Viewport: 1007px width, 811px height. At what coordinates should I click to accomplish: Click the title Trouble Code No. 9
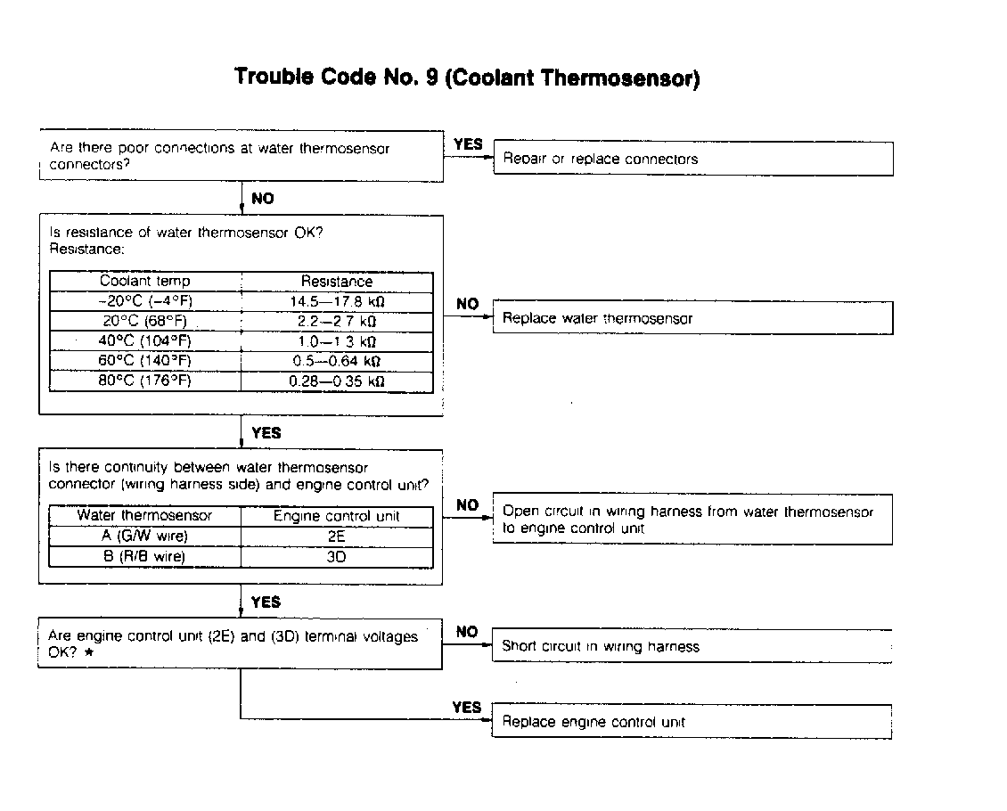[x=467, y=78]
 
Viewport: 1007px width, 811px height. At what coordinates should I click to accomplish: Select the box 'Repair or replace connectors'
[x=692, y=159]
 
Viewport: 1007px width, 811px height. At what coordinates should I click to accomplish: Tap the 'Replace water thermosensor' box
[x=692, y=318]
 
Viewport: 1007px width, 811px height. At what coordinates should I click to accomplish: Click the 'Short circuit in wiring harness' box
[x=692, y=646]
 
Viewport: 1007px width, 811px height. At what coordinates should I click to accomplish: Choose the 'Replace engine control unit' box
[x=692, y=721]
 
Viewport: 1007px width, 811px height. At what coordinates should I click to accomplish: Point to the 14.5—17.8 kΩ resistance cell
[x=337, y=301]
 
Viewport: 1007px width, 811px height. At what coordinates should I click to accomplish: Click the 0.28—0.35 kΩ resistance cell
[x=337, y=381]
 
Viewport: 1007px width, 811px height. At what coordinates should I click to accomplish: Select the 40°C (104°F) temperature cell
[x=145, y=341]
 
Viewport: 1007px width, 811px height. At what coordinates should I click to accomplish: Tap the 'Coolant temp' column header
[x=145, y=281]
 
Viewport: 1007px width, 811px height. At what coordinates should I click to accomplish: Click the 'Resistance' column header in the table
[x=337, y=281]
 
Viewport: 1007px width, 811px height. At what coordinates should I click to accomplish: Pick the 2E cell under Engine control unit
[x=336, y=537]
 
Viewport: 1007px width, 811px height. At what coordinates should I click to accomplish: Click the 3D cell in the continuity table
[x=336, y=557]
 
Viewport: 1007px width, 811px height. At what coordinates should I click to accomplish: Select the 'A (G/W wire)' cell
[x=145, y=537]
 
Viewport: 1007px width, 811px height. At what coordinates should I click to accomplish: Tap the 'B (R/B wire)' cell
[x=145, y=557]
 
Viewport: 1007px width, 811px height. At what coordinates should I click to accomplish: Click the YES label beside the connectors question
[x=468, y=143]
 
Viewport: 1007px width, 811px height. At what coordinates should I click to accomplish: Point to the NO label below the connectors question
[x=263, y=199]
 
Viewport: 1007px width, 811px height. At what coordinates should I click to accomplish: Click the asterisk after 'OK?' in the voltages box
[x=90, y=653]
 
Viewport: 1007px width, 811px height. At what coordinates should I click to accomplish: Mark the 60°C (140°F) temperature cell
[x=145, y=361]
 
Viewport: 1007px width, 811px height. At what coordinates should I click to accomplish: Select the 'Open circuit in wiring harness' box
[x=692, y=520]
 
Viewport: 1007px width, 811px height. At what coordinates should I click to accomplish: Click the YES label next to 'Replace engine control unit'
[x=466, y=708]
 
